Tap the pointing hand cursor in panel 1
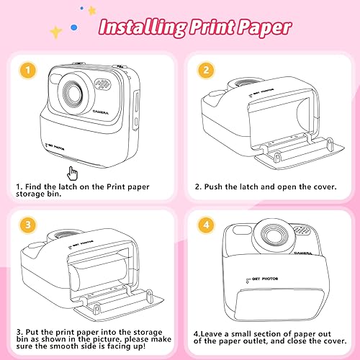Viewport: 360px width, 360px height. click(x=72, y=172)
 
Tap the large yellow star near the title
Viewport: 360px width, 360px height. click(x=55, y=30)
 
